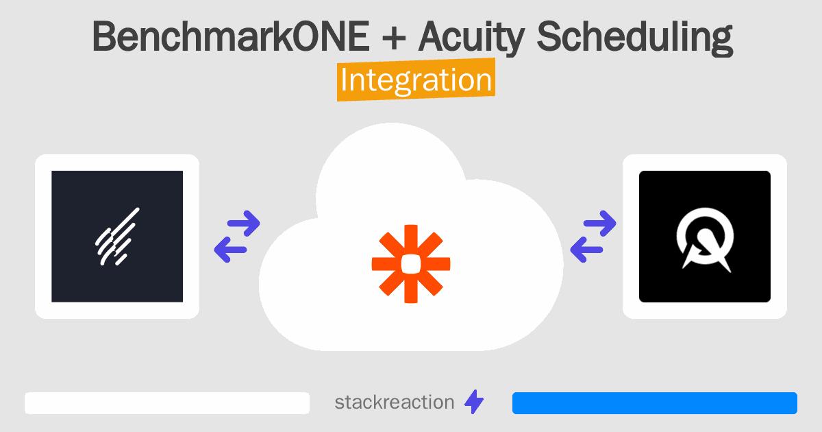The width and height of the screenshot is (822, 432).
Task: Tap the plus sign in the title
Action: click(394, 37)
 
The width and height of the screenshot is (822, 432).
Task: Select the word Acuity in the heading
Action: click(471, 38)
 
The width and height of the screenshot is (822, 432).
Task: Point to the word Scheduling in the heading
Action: click(635, 38)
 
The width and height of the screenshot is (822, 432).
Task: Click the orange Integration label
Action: click(416, 80)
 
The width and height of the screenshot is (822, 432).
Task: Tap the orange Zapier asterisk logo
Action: click(411, 264)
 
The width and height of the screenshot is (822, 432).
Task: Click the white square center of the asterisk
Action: click(411, 264)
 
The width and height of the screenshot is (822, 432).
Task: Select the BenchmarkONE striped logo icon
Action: click(117, 236)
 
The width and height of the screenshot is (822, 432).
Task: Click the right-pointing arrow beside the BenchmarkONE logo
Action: click(244, 223)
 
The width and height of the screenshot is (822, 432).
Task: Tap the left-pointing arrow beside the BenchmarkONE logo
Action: click(230, 250)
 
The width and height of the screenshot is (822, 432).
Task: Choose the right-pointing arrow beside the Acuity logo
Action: click(599, 223)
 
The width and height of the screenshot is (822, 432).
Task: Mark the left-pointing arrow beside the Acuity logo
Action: click(586, 250)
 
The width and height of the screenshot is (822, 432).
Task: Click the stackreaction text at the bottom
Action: click(395, 403)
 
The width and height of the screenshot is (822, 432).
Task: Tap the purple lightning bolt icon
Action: click(474, 402)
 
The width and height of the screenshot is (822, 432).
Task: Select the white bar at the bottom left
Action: click(167, 403)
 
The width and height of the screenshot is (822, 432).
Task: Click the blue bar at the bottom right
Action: click(655, 403)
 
